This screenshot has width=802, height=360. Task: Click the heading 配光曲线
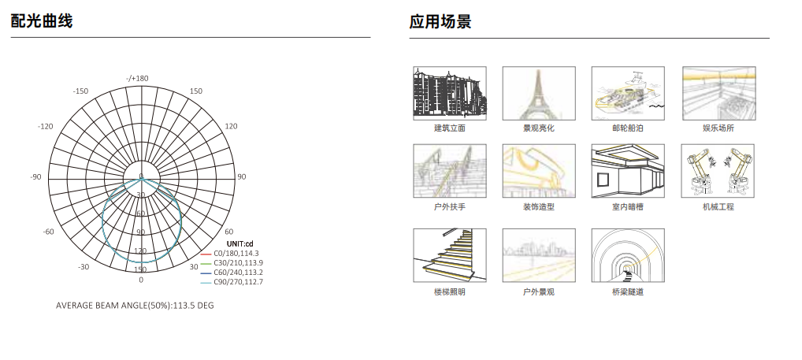click(42, 21)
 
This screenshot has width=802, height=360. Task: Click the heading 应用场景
click(440, 21)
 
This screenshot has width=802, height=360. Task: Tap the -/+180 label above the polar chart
click(137, 78)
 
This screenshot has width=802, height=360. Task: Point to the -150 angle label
click(80, 91)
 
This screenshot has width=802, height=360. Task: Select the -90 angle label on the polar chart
click(35, 177)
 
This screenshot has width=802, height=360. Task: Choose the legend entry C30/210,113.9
click(238, 263)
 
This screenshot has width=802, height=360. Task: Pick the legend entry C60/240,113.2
click(238, 273)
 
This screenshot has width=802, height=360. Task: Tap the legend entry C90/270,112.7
click(238, 282)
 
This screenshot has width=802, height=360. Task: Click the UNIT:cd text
click(239, 243)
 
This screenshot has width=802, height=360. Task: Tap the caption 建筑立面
click(450, 128)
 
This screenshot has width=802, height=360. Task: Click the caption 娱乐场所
click(718, 128)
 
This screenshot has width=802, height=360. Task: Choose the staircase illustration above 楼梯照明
click(450, 255)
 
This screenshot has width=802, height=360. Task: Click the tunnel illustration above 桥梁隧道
click(628, 255)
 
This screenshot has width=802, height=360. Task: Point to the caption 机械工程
click(718, 207)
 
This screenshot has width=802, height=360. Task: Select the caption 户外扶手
click(450, 207)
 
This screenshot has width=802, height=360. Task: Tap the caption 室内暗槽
click(628, 207)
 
